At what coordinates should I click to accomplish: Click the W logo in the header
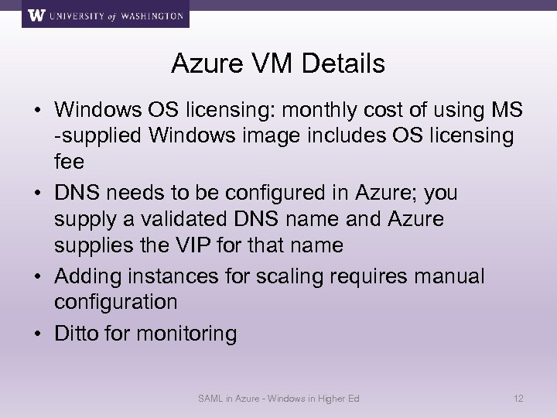click(x=36, y=15)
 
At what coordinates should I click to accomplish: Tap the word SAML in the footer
click(x=209, y=399)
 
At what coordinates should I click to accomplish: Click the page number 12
click(x=519, y=399)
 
